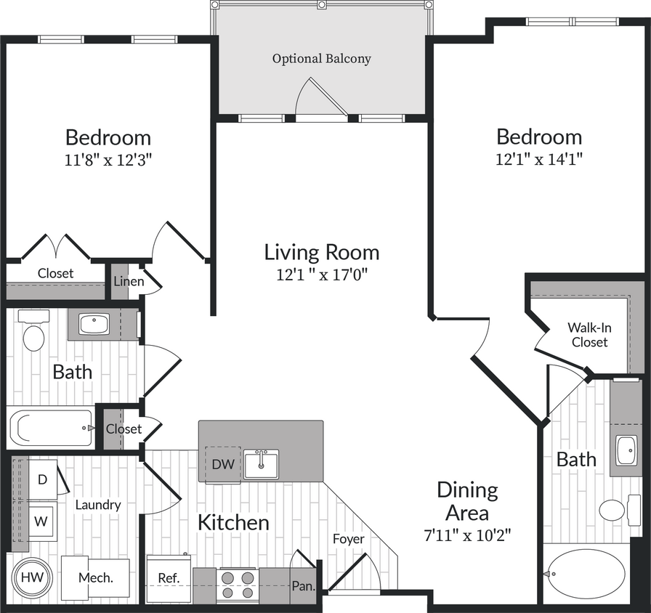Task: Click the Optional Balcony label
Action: [321, 59]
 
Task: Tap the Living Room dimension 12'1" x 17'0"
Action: [321, 275]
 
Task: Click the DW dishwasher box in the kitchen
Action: [223, 464]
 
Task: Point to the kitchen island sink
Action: [261, 464]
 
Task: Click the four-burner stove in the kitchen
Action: [238, 582]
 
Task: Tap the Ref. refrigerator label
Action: [169, 578]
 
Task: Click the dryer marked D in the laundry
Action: [42, 479]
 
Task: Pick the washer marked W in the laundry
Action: [41, 521]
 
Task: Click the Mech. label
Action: [96, 578]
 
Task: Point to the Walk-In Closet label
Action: [589, 335]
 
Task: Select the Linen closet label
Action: [128, 282]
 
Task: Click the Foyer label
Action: [349, 539]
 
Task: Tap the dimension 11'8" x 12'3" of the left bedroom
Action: [108, 160]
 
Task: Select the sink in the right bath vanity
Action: [626, 450]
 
